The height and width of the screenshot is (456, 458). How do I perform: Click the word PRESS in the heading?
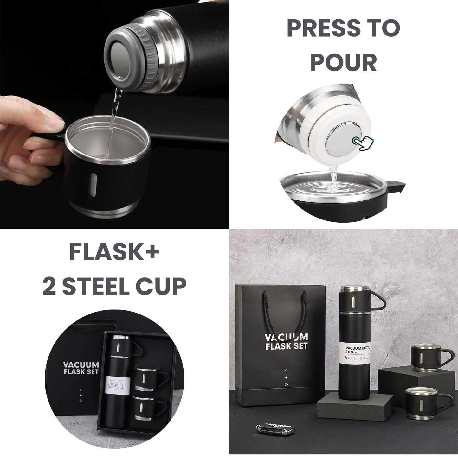click(324, 28)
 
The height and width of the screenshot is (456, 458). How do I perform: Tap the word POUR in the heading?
click(344, 62)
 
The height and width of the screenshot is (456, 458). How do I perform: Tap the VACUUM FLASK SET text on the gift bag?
click(286, 341)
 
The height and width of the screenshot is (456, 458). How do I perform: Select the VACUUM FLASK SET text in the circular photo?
click(81, 368)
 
